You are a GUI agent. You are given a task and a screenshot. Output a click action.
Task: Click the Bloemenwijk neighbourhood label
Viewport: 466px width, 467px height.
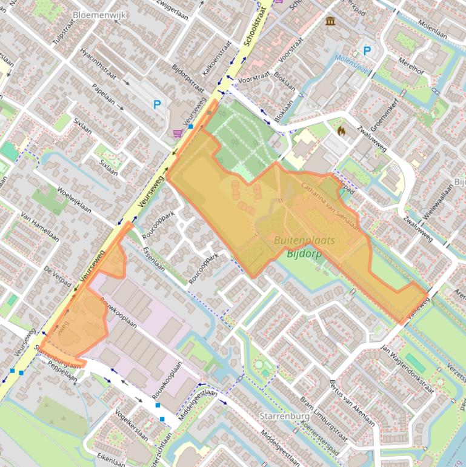(99, 15)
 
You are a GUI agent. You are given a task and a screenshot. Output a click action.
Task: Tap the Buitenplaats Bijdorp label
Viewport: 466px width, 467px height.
(304, 247)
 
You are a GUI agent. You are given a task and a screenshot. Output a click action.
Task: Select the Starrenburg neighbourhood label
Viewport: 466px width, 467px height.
(284, 417)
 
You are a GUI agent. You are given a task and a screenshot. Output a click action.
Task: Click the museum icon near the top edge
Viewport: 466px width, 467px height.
(330, 21)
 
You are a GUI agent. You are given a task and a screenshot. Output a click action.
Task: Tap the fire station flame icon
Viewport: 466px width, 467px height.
(341, 130)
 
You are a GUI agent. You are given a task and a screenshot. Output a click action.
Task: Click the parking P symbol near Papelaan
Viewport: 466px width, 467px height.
(158, 104)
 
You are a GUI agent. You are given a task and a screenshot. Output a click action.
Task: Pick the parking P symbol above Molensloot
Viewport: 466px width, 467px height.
(367, 51)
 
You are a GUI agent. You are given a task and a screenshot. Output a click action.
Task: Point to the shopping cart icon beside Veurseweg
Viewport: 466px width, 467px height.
(178, 133)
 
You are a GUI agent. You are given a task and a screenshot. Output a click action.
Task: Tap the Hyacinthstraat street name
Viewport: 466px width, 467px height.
(100, 66)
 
